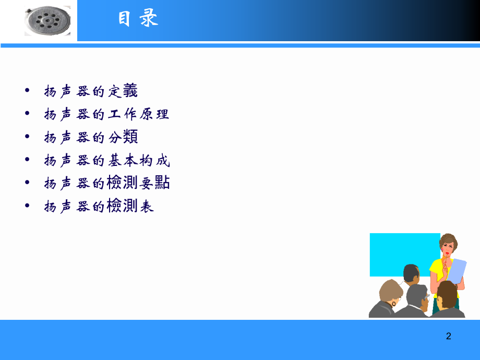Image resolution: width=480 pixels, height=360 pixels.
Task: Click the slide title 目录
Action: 138,20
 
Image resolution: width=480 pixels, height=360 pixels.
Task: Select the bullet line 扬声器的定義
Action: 91,91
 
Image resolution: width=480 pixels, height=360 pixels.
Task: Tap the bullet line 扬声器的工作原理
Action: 106,114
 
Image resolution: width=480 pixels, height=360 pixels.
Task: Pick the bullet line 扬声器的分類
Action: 91,137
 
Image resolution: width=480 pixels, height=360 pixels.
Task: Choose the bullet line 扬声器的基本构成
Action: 106,160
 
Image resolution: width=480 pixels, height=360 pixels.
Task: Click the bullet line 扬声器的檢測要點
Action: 106,183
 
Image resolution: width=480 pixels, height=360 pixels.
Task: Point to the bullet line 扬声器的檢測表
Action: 99,206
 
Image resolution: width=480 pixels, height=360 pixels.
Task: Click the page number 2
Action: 448,336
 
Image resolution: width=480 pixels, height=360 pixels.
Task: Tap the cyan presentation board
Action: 397,253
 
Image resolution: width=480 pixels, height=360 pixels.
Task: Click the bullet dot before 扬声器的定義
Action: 27,91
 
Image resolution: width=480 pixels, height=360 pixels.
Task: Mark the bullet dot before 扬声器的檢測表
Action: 27,206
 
